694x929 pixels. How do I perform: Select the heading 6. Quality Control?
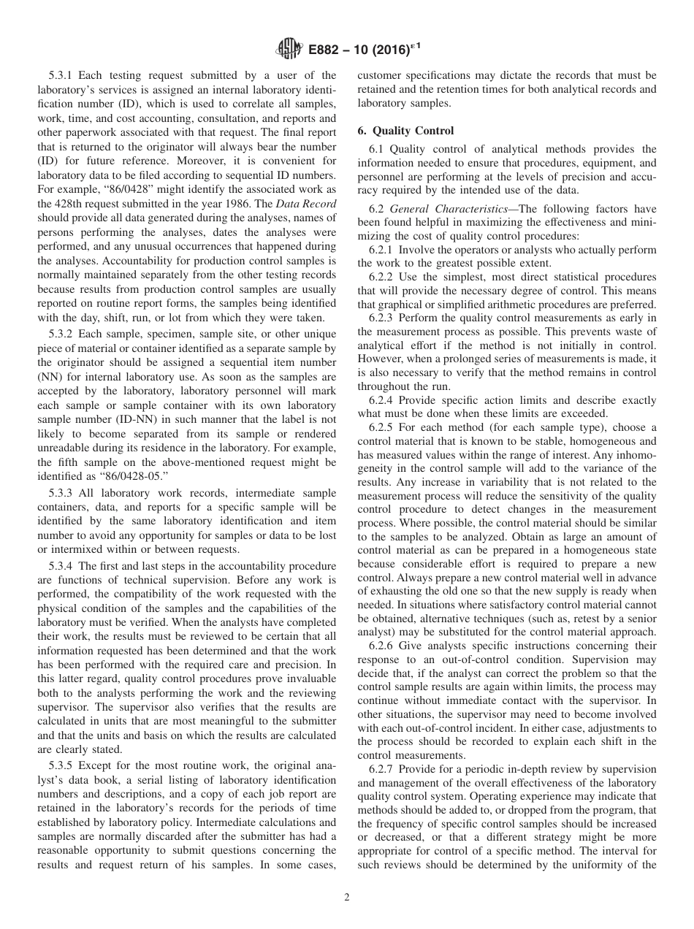coord(405,131)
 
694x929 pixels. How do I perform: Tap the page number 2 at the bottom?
coord(347,898)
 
